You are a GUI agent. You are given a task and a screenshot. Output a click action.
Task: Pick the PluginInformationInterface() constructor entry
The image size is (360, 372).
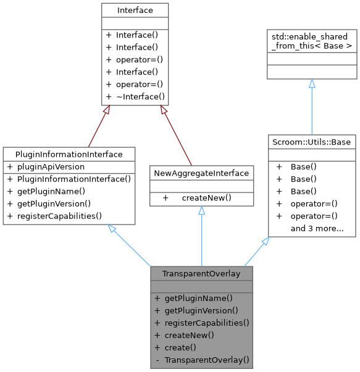click(x=69, y=179)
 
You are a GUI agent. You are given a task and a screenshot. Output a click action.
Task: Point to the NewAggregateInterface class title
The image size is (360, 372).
click(x=201, y=173)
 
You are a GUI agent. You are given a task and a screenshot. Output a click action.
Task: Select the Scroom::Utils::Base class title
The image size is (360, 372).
click(x=311, y=142)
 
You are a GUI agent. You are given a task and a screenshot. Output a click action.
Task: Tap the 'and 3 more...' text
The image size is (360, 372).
click(x=317, y=228)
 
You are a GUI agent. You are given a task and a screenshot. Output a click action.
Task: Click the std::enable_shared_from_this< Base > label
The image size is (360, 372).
click(x=311, y=41)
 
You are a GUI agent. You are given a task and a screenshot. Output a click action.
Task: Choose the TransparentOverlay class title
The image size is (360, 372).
click(x=201, y=273)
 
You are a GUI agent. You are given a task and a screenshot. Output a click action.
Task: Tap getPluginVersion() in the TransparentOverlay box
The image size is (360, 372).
click(x=201, y=310)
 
